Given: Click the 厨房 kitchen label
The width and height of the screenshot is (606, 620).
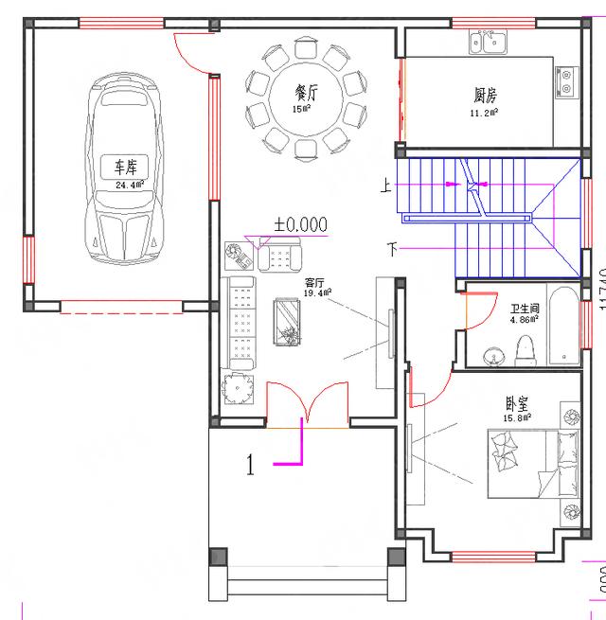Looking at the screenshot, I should tap(486, 95).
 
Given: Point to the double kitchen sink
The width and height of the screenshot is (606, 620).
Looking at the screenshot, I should tap(490, 43).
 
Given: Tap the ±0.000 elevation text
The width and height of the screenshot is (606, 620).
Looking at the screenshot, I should tap(300, 224).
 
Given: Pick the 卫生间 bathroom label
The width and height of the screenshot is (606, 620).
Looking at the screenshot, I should tap(525, 309).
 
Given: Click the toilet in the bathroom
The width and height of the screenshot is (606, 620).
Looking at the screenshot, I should tap(527, 349).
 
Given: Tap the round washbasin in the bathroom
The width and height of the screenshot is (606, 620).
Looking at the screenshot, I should tap(493, 356).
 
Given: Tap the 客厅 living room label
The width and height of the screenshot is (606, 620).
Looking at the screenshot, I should tap(315, 283).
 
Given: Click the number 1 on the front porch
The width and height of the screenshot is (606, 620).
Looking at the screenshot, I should tap(250, 465).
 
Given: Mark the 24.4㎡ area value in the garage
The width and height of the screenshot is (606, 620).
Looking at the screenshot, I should tap(127, 186).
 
